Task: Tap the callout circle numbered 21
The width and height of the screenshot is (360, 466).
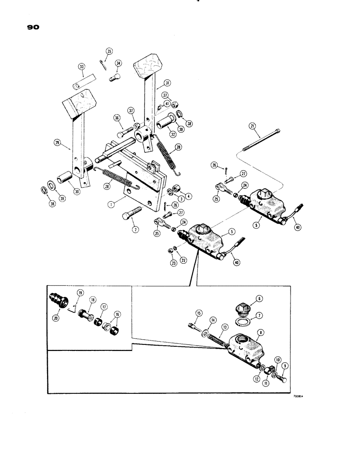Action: pos(252,125)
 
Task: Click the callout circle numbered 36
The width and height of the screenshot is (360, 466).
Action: pos(117,118)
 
